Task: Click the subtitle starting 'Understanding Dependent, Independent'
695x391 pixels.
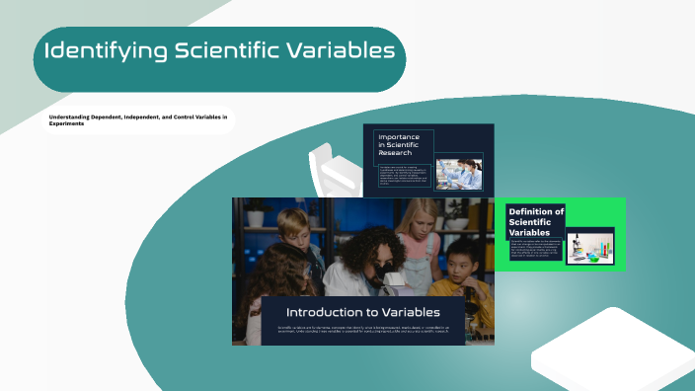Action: (x=138, y=120)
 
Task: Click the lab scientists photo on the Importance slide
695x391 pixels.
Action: (x=459, y=173)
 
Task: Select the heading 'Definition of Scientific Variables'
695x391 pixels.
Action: (x=535, y=221)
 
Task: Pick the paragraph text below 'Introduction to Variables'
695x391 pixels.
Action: (x=362, y=330)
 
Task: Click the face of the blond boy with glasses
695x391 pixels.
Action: (x=293, y=229)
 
